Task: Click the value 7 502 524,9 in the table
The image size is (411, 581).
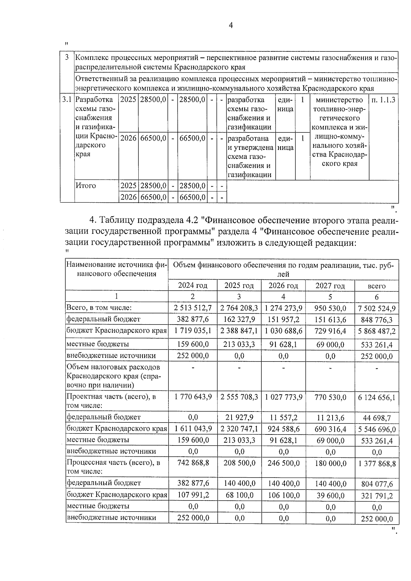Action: [377, 308]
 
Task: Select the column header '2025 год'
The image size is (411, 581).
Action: [239, 286]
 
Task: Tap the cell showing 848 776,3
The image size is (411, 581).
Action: [377, 320]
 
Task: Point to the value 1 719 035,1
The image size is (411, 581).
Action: [193, 331]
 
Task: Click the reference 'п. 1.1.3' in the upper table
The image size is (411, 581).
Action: [383, 100]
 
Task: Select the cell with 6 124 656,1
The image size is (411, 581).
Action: [377, 397]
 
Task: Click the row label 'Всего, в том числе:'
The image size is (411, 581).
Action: [99, 308]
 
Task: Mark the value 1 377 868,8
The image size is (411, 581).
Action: [377, 464]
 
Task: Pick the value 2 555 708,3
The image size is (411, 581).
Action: [239, 397]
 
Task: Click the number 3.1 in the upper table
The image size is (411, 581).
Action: [67, 100]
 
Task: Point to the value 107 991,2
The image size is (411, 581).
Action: [193, 495]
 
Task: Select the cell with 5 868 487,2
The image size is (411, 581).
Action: [377, 331]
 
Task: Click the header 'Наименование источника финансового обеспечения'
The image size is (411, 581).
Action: [116, 269]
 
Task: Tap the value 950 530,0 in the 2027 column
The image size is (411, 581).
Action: [330, 308]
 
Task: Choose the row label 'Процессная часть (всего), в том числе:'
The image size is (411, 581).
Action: [113, 467]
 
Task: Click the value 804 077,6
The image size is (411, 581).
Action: [377, 484]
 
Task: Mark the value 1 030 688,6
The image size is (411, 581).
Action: [283, 331]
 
